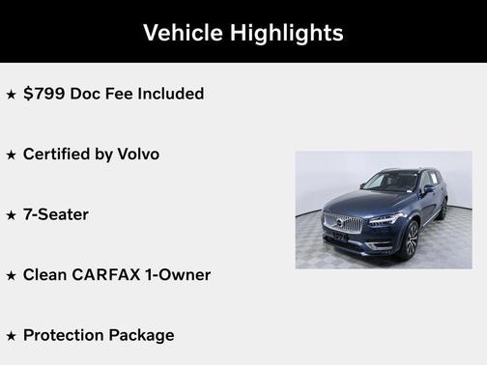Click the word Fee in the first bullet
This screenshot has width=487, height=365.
coord(119,94)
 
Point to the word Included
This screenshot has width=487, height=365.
coord(170,94)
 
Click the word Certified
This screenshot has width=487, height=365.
coord(61,154)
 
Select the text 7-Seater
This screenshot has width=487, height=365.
coord(55,214)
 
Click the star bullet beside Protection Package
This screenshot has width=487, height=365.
coord(12,336)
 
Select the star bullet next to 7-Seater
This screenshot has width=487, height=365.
coord(12,215)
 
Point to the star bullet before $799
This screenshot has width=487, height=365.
coord(12,95)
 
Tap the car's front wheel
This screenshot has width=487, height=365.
coord(411,238)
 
